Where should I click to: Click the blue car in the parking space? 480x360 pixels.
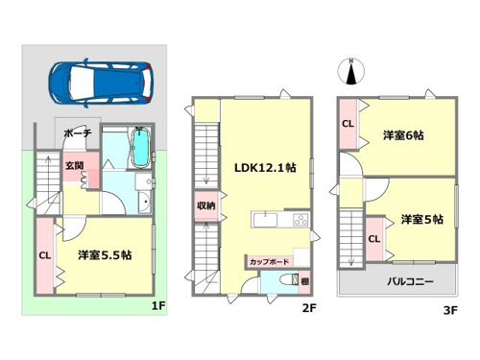(x=100, y=82)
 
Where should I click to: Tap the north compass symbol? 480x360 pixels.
(x=351, y=72)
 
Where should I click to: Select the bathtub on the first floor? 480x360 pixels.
(x=140, y=148)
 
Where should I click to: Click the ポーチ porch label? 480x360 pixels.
(x=78, y=132)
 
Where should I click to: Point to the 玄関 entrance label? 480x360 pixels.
(x=75, y=165)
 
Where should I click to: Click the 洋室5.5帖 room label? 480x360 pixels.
(x=105, y=255)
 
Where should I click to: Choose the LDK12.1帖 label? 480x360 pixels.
(x=265, y=168)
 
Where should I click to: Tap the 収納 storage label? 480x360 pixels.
(x=206, y=205)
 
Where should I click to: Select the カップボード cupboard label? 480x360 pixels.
(x=269, y=262)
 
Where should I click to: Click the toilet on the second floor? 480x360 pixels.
(x=289, y=280)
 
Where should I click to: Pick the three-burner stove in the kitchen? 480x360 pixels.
(x=300, y=220)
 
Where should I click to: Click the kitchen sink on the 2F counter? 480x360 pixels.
(x=265, y=220)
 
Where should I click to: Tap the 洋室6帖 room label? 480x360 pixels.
(x=403, y=135)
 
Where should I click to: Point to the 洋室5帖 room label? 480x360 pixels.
(x=421, y=220)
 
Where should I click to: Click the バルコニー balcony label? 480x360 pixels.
(x=410, y=281)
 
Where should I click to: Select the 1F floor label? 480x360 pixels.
(x=158, y=306)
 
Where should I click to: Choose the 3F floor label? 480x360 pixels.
(x=450, y=310)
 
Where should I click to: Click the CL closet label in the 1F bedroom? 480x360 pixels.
(x=45, y=255)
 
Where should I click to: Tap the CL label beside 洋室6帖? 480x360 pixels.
(x=348, y=124)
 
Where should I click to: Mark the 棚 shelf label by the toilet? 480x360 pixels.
(x=304, y=281)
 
